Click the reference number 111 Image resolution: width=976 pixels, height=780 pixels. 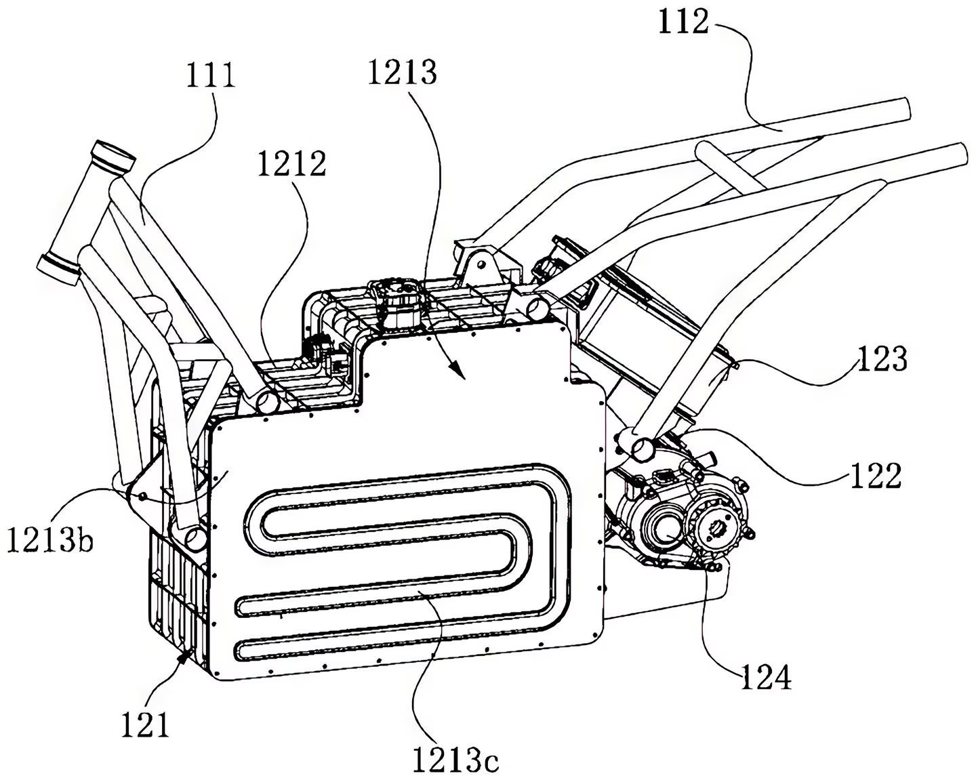click(x=211, y=75)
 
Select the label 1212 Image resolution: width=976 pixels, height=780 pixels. click(x=291, y=163)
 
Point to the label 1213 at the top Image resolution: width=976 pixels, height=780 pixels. click(x=403, y=72)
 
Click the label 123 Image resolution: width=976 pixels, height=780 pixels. click(x=881, y=358)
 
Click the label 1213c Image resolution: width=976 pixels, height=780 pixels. click(x=455, y=760)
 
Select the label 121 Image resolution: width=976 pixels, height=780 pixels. click(x=144, y=725)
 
